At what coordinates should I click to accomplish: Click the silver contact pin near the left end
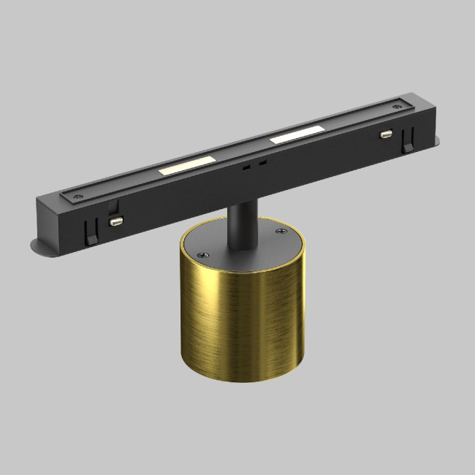pyautogui.click(x=115, y=220)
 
